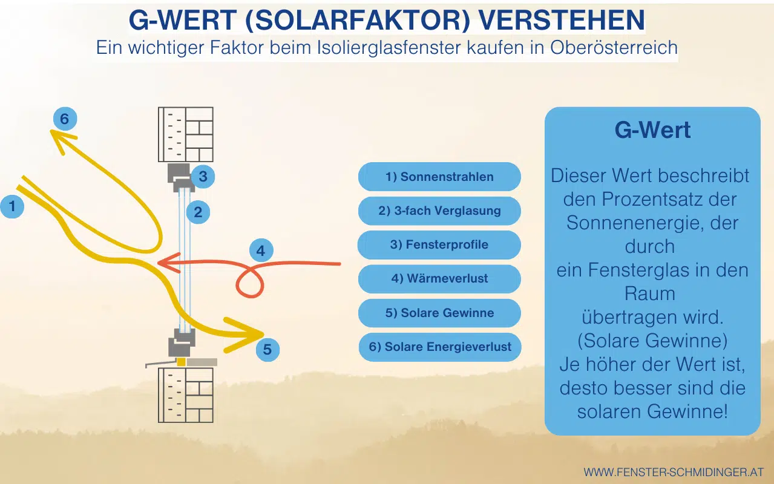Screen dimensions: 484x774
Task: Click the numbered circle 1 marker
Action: (11, 207)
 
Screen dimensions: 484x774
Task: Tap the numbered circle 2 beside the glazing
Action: (198, 212)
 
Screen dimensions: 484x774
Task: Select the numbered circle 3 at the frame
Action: (203, 177)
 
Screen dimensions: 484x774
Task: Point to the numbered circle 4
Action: (261, 250)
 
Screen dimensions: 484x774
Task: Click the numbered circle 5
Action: (267, 349)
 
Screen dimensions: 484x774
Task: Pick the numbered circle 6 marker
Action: (65, 119)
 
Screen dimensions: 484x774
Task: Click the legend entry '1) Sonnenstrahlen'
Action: (439, 177)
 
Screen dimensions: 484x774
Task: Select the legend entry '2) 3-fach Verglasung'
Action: (439, 211)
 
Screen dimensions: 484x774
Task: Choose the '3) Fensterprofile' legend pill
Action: (439, 245)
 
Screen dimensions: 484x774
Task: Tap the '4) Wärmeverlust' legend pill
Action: (439, 279)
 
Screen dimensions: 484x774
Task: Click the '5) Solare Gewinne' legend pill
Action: (439, 313)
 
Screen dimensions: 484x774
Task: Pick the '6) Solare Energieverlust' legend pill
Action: (440, 347)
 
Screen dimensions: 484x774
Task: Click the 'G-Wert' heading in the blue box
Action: (652, 131)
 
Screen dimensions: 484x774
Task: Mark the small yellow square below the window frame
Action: (181, 362)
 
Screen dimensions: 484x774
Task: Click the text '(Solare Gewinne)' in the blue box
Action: (652, 341)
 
